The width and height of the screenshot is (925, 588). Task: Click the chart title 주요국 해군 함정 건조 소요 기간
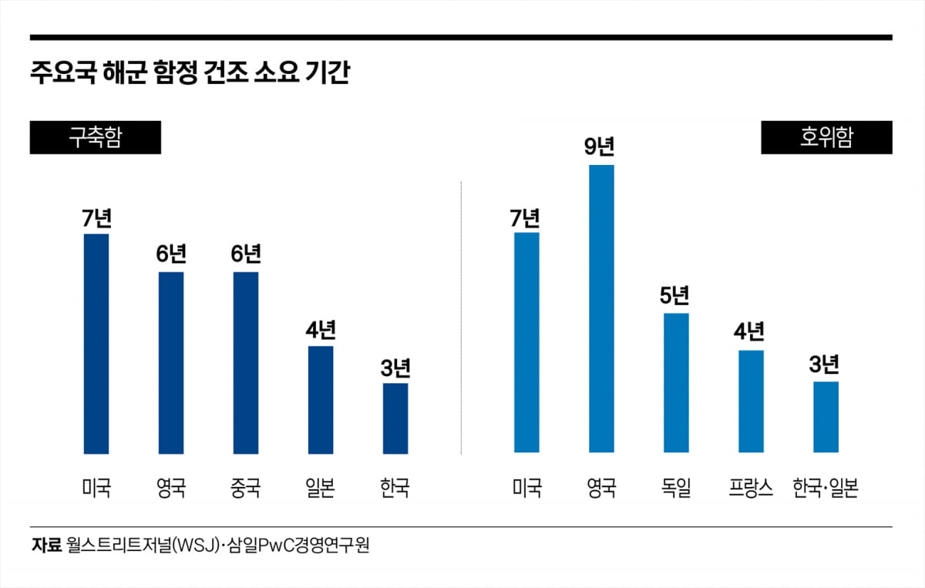click(189, 75)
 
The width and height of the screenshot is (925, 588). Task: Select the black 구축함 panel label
click(96, 138)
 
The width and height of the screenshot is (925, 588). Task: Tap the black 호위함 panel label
click(826, 138)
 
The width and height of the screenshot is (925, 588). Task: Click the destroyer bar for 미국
click(96, 343)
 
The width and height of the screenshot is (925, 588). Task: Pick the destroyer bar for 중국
click(246, 362)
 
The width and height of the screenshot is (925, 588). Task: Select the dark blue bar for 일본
click(321, 399)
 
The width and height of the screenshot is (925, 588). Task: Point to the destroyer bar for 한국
click(395, 418)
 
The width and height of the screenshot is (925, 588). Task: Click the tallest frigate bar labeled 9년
click(601, 308)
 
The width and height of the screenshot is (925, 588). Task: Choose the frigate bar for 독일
click(676, 382)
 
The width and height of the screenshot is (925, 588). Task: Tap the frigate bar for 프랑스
click(751, 401)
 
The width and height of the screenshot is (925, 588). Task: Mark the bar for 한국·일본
click(826, 417)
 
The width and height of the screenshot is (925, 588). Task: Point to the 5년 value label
click(674, 295)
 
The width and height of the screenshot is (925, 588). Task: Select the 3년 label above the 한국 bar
click(395, 367)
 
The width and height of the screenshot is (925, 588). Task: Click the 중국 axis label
click(246, 488)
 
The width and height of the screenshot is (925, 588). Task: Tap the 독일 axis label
click(676, 488)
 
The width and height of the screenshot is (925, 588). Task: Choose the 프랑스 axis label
click(751, 488)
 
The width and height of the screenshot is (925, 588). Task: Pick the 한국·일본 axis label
click(826, 488)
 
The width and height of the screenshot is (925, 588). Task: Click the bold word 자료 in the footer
click(45, 545)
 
